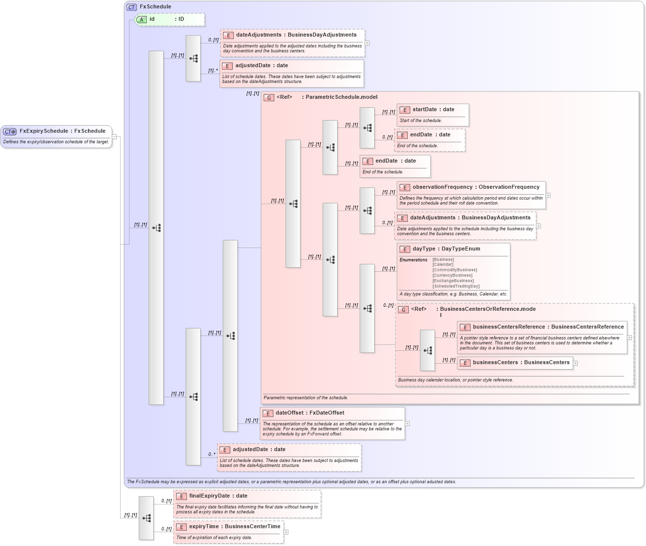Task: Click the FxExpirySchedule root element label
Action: pyautogui.click(x=62, y=131)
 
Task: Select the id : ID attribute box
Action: pyautogui.click(x=170, y=19)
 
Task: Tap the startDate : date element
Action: pyautogui.click(x=433, y=110)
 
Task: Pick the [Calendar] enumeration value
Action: pyautogui.click(x=443, y=264)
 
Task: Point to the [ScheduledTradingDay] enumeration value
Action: pyautogui.click(x=456, y=286)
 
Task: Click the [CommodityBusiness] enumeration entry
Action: pyautogui.click(x=455, y=270)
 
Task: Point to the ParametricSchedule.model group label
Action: pyautogui.click(x=342, y=97)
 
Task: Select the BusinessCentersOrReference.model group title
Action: pyautogui.click(x=487, y=309)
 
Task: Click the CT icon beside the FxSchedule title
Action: pyautogui.click(x=131, y=7)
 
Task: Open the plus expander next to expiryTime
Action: pyautogui.click(x=286, y=532)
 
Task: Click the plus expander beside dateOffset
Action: pyautogui.click(x=407, y=423)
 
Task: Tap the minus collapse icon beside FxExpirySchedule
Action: pyautogui.click(x=114, y=137)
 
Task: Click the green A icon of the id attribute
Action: pyautogui.click(x=142, y=20)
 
